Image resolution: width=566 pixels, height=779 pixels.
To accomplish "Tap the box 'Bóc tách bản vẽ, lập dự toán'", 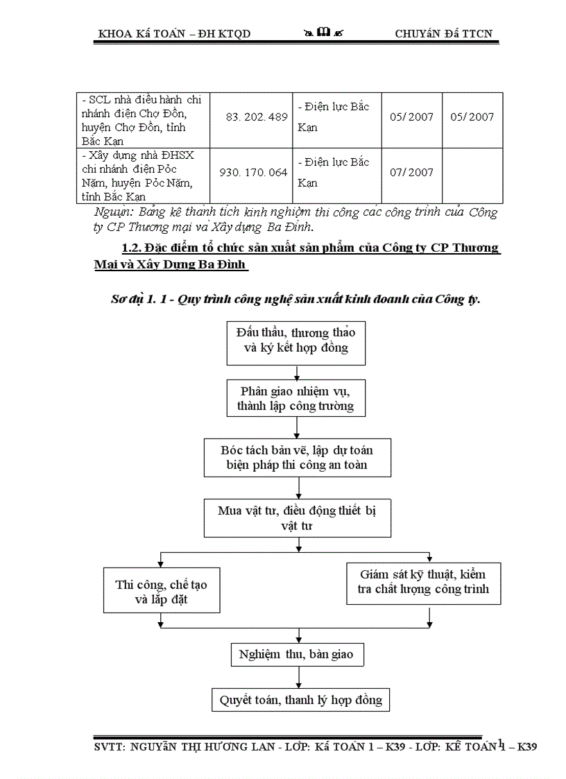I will (297, 457).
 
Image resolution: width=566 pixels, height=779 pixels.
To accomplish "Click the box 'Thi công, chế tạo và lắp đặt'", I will (161, 592).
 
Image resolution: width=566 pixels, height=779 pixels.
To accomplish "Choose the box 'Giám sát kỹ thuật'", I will (423, 583).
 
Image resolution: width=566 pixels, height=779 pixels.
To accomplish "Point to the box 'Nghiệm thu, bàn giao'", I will (296, 654).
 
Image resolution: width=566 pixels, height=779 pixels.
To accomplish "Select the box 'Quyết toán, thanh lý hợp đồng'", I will (300, 699).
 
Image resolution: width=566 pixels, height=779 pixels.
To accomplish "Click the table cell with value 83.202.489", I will (257, 117).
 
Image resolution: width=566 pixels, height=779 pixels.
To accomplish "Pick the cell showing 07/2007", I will (411, 173).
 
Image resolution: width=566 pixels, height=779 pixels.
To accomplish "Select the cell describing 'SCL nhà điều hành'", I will (144, 119).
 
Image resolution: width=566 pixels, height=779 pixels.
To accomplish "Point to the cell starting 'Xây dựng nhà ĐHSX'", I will (144, 176).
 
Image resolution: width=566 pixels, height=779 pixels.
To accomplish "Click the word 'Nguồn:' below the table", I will (115, 212).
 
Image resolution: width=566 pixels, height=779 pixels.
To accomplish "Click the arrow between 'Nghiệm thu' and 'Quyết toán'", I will (298, 676).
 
